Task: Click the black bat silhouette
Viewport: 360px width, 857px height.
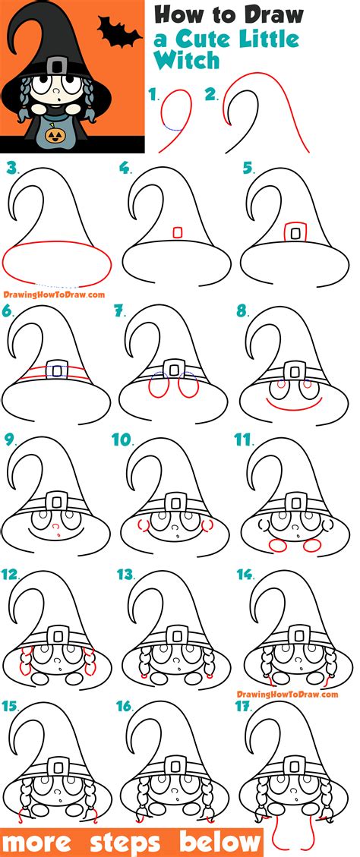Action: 120,34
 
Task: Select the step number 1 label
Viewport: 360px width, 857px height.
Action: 155,96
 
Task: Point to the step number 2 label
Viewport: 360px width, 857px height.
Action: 212,96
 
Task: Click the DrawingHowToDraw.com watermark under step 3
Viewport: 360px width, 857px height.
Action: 53,295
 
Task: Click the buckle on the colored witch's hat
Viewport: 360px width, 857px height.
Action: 52,67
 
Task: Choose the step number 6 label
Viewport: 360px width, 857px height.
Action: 9,310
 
